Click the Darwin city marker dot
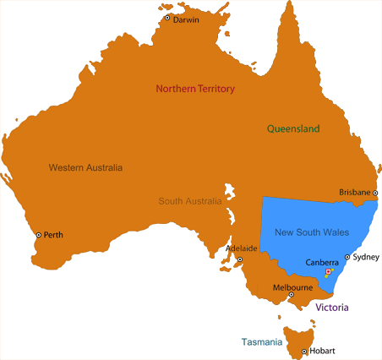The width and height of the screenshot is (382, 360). point(167,18)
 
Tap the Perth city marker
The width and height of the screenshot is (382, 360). point(38,235)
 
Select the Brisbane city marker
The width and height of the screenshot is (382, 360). point(375,193)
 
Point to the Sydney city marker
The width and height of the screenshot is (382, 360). point(347,256)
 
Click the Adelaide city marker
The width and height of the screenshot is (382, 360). point(239,259)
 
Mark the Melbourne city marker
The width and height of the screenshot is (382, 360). point(292,295)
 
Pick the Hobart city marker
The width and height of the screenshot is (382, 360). point(303,351)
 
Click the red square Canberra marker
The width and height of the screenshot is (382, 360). point(328,271)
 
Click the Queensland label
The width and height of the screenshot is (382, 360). point(293,129)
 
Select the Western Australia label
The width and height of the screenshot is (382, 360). point(85,167)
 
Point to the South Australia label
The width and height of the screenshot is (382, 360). point(190,201)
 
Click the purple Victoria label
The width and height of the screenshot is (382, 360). point(332,308)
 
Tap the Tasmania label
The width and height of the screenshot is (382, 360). point(261,342)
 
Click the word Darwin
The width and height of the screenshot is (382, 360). point(186,20)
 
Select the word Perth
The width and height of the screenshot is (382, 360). point(53,235)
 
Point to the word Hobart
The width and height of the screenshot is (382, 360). point(322,351)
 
